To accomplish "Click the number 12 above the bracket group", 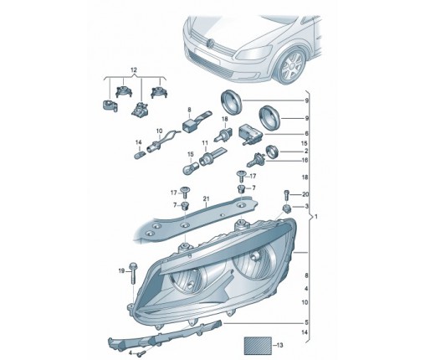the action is coord(134,69).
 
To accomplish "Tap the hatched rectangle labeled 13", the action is coord(258,346).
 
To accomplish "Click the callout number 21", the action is coord(206,198).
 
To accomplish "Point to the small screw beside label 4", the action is coord(141,353).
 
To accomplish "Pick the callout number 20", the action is coord(305,194).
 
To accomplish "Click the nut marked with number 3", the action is coord(286,208).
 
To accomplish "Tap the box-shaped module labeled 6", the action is coord(249,134).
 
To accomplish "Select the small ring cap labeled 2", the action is coord(273,152).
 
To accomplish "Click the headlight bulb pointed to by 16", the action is coord(255,160).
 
